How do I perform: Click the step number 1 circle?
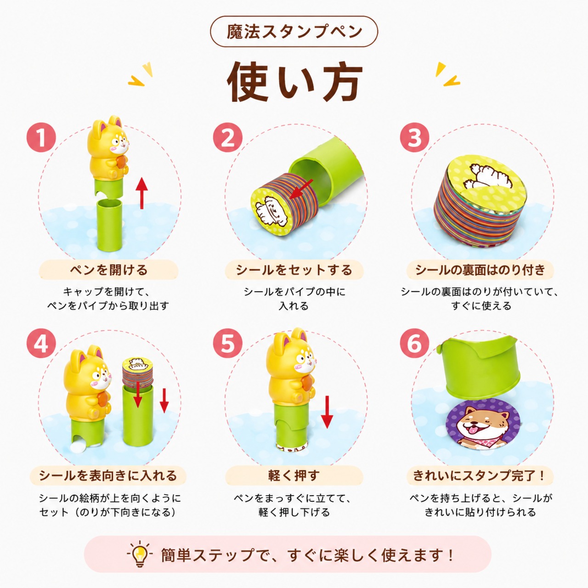(x=41, y=138)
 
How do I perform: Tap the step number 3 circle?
(x=414, y=138)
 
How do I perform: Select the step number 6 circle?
(x=414, y=344)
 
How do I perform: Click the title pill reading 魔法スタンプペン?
(x=294, y=31)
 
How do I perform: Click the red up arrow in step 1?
(x=141, y=193)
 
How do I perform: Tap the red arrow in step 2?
(x=301, y=189)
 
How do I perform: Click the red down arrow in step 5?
(x=327, y=412)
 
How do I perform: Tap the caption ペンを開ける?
(x=108, y=270)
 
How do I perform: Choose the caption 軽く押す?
(x=294, y=476)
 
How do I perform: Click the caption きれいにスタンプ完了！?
(x=480, y=476)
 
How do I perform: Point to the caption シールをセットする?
(x=294, y=270)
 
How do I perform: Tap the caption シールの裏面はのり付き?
(x=481, y=270)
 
